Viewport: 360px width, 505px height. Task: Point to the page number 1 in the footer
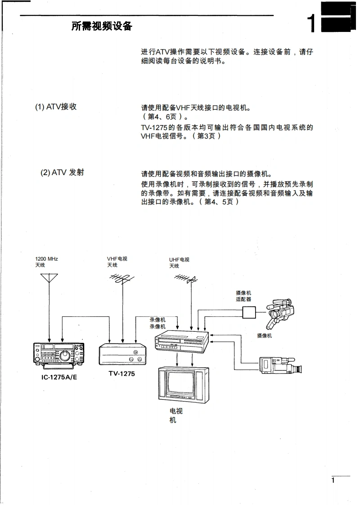(x=333, y=481)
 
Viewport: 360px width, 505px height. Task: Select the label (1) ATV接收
(x=56, y=107)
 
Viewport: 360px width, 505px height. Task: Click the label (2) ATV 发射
(x=62, y=172)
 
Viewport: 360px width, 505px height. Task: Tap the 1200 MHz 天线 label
(x=46, y=262)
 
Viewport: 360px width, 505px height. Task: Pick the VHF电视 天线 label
(x=117, y=262)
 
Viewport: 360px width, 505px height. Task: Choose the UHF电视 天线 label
(x=179, y=263)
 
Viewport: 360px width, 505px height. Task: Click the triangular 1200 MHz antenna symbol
(x=49, y=277)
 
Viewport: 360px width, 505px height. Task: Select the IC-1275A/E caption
(x=59, y=376)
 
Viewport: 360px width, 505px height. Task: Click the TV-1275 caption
(x=121, y=374)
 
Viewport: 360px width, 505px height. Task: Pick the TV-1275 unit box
(x=123, y=355)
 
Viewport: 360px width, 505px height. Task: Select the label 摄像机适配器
(x=243, y=296)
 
